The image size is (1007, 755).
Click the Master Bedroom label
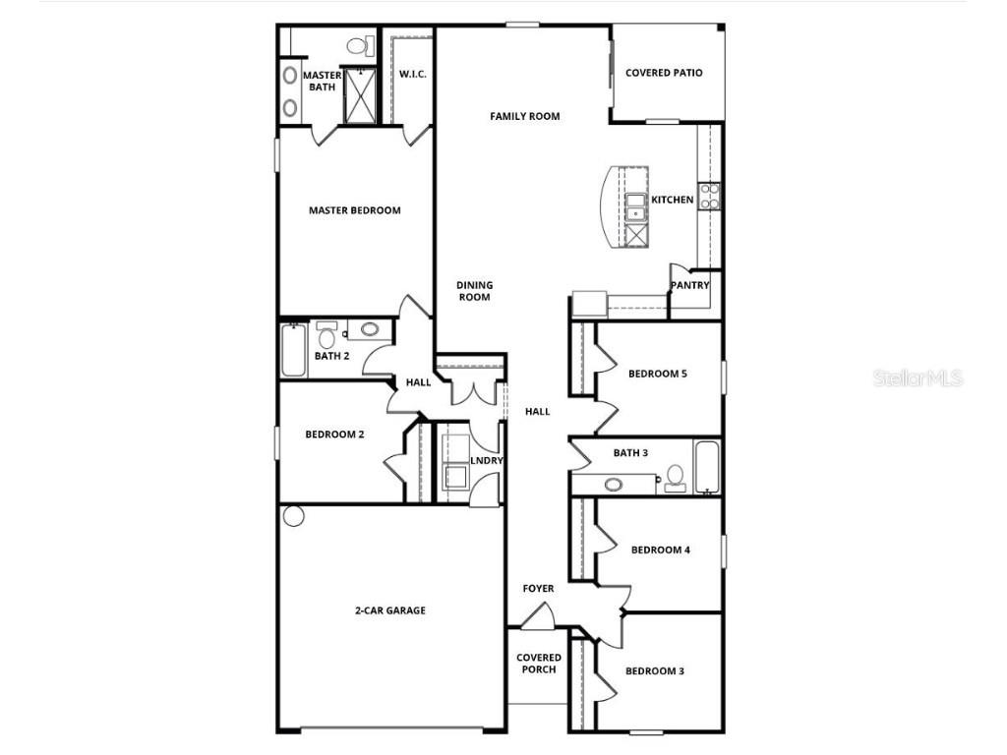click(354, 210)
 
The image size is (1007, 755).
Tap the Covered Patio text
click(664, 73)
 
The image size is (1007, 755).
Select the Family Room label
click(524, 116)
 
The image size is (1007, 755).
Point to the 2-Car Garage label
click(390, 610)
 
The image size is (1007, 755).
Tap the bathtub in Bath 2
click(294, 351)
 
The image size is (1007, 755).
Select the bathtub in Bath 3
click(707, 467)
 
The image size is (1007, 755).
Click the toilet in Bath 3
click(675, 478)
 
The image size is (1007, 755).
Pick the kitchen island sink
click(635, 205)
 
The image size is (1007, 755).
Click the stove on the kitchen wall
click(709, 196)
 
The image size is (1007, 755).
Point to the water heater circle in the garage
click(293, 516)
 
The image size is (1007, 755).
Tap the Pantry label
click(689, 286)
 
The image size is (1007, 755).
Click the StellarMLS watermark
click(917, 377)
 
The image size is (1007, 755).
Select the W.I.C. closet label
click(412, 75)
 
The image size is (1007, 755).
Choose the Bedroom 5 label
click(657, 374)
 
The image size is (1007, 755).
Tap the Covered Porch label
click(539, 664)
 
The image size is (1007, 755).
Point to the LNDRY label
click(487, 461)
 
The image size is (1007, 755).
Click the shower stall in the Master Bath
click(359, 95)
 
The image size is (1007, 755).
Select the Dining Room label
click(474, 291)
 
